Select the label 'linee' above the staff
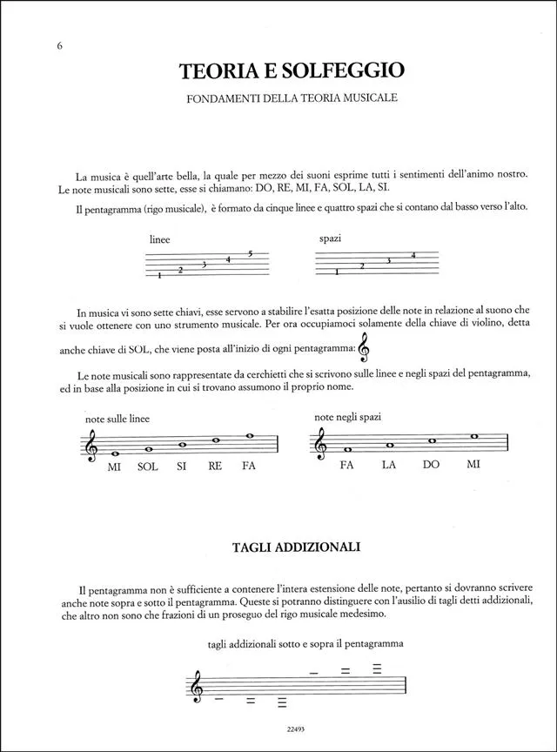click(x=160, y=238)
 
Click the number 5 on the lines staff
click(x=250, y=253)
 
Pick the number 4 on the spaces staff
click(x=413, y=255)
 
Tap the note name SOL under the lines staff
click(x=147, y=467)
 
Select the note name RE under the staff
click(x=215, y=467)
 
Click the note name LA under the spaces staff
click(x=388, y=465)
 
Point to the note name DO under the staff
click(x=431, y=465)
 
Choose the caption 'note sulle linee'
click(x=117, y=419)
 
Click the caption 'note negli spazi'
click(x=347, y=417)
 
